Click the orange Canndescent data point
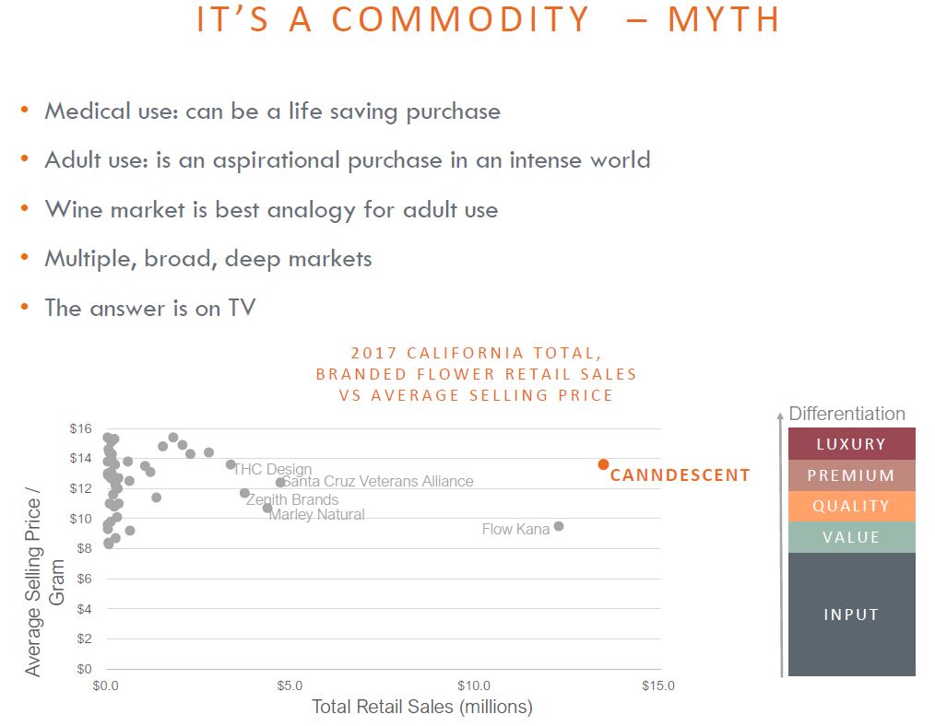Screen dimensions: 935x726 tap(603, 464)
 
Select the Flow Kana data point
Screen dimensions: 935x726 tap(559, 526)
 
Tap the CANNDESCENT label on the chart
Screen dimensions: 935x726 tap(680, 475)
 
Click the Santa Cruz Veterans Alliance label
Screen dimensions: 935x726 tap(377, 481)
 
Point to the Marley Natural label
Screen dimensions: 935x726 tap(316, 515)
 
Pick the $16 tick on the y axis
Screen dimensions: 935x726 tap(80, 428)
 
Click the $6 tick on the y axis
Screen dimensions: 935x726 tap(84, 579)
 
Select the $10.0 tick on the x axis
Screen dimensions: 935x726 tap(473, 686)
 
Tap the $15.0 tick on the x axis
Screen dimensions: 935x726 tap(657, 686)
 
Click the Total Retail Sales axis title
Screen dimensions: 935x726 tap(422, 707)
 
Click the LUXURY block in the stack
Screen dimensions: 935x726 tap(851, 444)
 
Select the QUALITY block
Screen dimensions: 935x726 tap(851, 506)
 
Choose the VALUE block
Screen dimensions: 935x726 tap(851, 537)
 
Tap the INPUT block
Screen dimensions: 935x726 tap(851, 615)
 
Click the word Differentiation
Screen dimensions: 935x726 tap(846, 414)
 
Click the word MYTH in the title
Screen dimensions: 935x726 tap(723, 19)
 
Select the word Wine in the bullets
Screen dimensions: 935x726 tap(74, 210)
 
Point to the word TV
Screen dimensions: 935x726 tap(242, 308)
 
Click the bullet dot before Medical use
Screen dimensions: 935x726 tap(25, 110)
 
